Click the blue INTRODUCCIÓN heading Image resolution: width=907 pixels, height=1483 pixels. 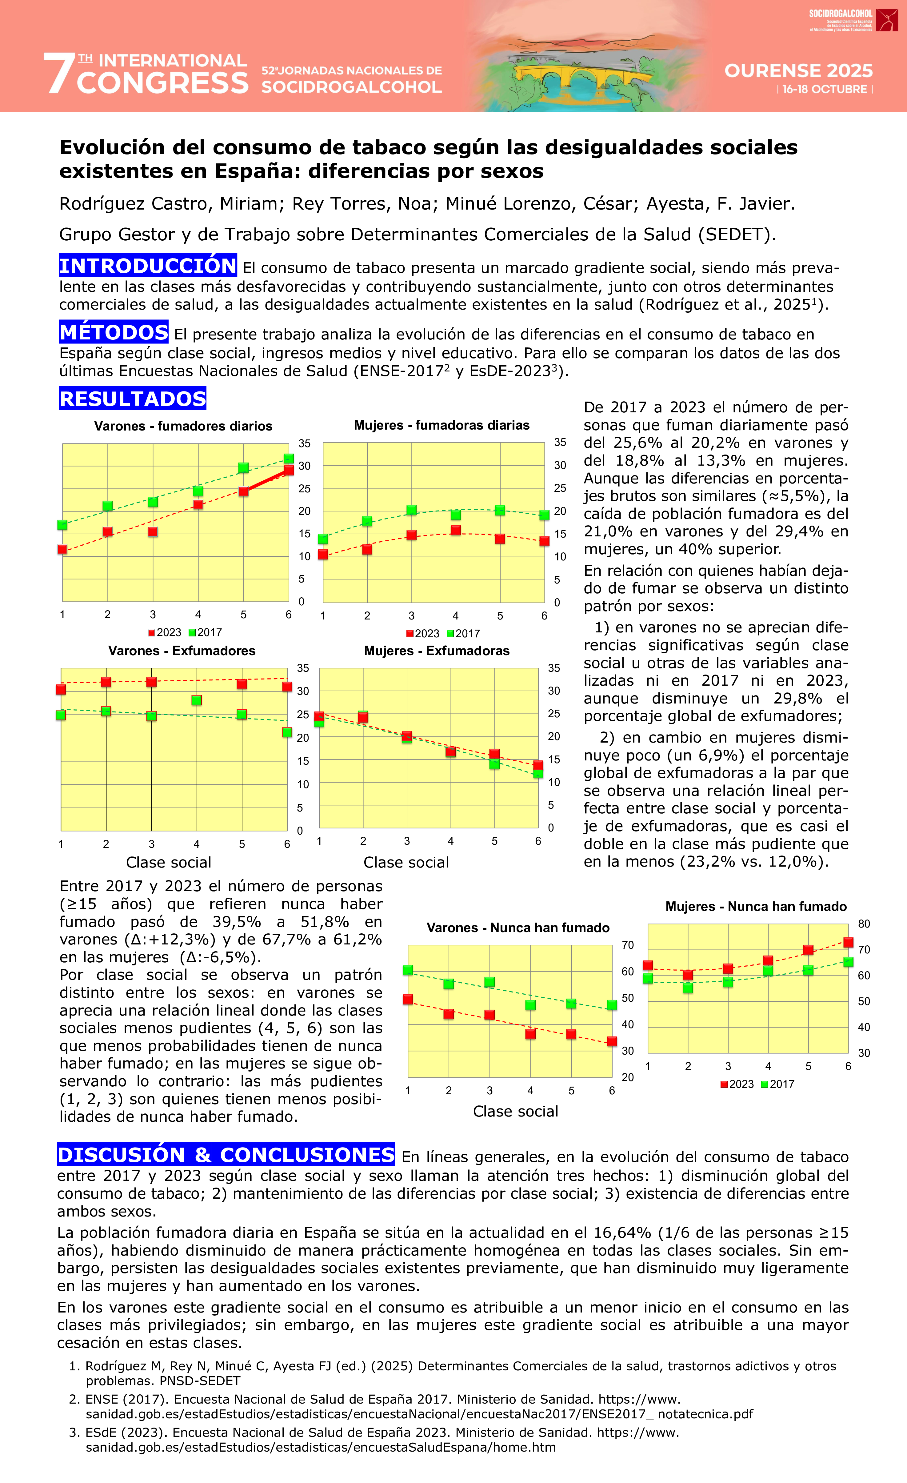(x=147, y=265)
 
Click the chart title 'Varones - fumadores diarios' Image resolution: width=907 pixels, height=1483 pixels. (x=183, y=426)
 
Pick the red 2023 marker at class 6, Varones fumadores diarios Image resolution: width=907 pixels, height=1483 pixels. (x=289, y=470)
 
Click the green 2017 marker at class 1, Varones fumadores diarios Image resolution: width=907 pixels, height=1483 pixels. (x=62, y=525)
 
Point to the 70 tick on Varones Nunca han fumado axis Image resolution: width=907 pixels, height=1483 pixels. (x=628, y=945)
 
